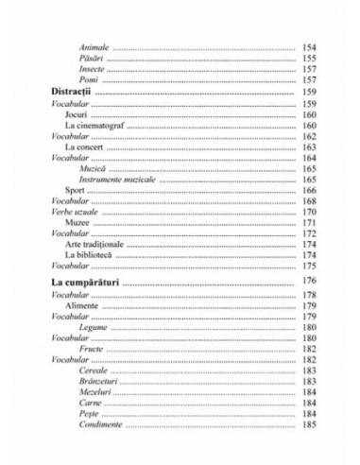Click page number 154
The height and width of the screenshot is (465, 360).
tap(309, 47)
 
